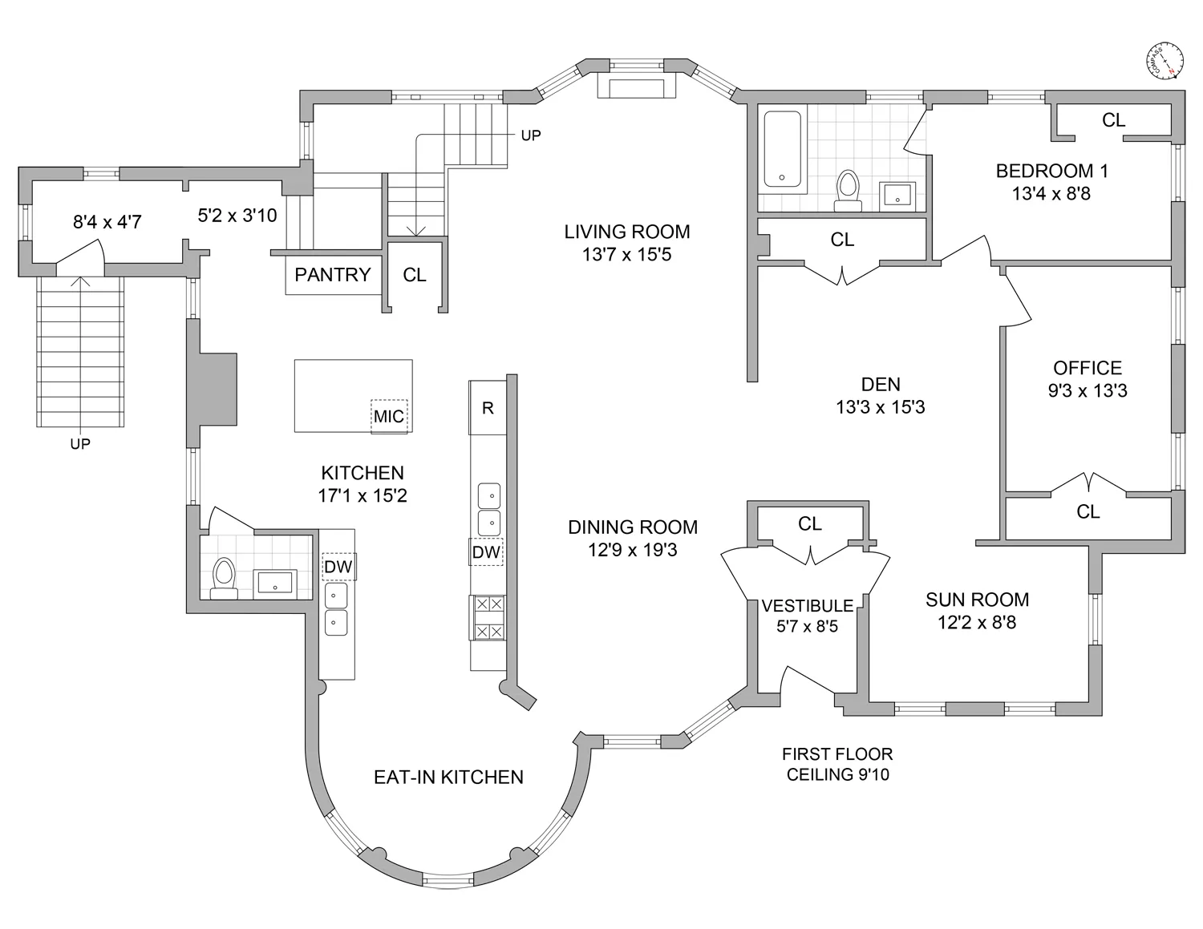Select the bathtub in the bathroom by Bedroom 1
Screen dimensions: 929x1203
coord(782,149)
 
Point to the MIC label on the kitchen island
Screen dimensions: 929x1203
coord(389,416)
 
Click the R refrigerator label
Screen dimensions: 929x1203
coord(488,408)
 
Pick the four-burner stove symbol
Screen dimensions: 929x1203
coord(488,618)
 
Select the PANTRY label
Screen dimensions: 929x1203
coord(333,275)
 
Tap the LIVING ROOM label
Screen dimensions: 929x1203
coord(626,232)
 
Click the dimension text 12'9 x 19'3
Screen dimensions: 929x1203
coord(633,550)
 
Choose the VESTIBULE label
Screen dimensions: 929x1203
coord(808,605)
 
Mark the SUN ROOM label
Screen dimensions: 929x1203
coord(977,600)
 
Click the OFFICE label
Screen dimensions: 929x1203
coord(1087,368)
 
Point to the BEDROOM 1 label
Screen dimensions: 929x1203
coord(1051,171)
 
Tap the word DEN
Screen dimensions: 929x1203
coord(881,385)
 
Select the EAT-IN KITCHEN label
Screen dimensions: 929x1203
coord(448,777)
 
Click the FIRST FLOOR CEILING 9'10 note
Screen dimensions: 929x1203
coord(837,764)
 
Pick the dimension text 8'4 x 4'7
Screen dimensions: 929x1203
coord(107,222)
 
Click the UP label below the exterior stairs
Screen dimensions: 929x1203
coord(80,444)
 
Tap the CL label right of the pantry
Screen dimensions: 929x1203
coord(415,275)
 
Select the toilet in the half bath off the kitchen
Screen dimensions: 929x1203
coord(224,577)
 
